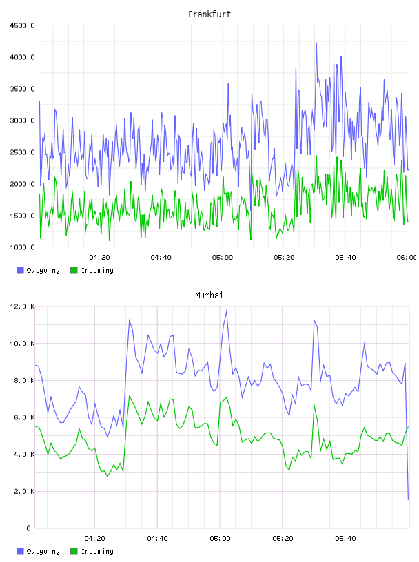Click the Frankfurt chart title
pos(209,14)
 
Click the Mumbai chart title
pos(209,295)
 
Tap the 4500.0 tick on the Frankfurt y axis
pos(22,25)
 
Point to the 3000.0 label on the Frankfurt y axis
pos(22,121)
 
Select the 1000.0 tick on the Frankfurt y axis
pos(22,247)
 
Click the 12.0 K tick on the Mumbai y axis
pos(22,306)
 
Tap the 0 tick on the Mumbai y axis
pos(28,528)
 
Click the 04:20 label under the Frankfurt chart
pos(99,258)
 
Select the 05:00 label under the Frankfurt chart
pos(223,258)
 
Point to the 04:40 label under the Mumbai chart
pos(158,539)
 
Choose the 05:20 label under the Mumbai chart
pos(283,539)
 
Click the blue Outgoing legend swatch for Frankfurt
pos(20,270)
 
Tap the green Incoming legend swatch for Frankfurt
pos(74,270)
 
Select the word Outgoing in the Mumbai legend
pos(43,551)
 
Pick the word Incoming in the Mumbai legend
pos(97,551)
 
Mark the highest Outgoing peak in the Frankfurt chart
pos(316,43)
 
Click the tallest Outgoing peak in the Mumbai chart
pos(226,311)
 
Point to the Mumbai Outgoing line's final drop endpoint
pos(408,499)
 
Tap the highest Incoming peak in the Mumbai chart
pos(129,396)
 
